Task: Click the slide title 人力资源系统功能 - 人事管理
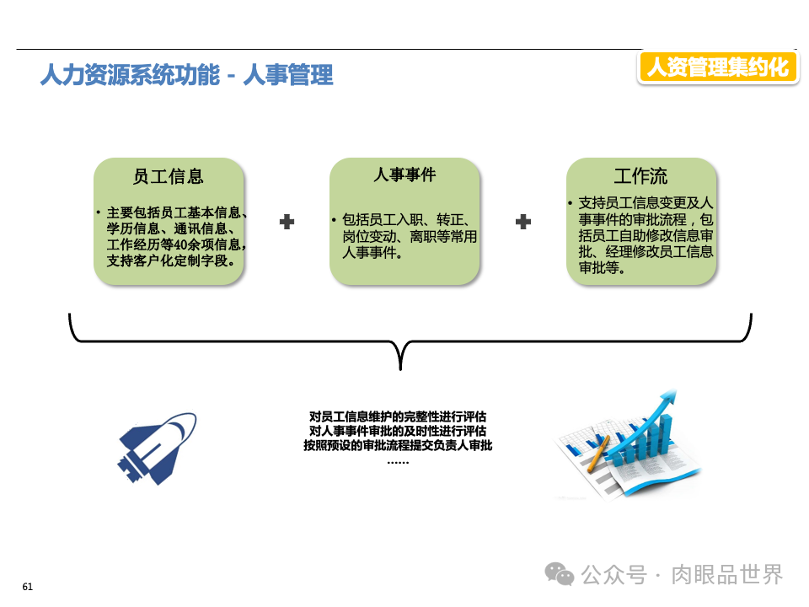pos(187,76)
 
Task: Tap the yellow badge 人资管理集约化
pos(717,67)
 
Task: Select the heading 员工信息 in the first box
pos(169,176)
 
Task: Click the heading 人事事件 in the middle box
pos(404,175)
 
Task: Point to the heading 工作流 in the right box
pos(640,176)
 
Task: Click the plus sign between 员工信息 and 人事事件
pos(287,222)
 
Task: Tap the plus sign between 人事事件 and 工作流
pos(523,222)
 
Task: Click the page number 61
pos(27,587)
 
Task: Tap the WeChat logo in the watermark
pos(560,574)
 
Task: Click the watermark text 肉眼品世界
pos(727,574)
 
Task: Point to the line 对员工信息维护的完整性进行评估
pos(398,416)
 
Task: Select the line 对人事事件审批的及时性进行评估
pos(398,431)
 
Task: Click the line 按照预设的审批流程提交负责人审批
pos(398,445)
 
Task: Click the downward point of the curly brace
pos(401,367)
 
